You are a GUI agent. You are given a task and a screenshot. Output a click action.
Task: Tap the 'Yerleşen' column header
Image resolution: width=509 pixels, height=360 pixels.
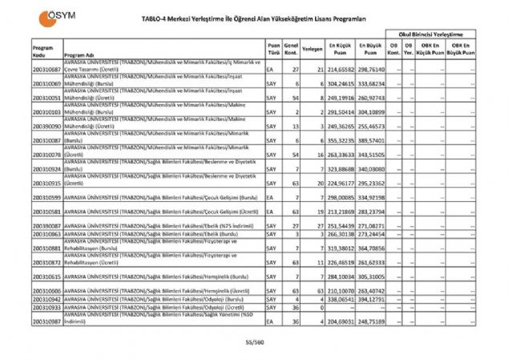313,48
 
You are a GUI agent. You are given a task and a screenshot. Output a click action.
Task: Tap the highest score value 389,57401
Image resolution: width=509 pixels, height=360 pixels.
373,140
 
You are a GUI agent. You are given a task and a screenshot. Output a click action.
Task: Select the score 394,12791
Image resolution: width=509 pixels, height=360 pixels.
373,298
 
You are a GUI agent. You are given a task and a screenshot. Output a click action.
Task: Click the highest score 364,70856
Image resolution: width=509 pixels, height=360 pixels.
373,249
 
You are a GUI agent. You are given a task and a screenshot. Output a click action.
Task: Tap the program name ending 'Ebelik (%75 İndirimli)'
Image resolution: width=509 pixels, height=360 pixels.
160,227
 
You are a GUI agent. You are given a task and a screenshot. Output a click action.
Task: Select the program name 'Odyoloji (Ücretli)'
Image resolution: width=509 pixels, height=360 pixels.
160,307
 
